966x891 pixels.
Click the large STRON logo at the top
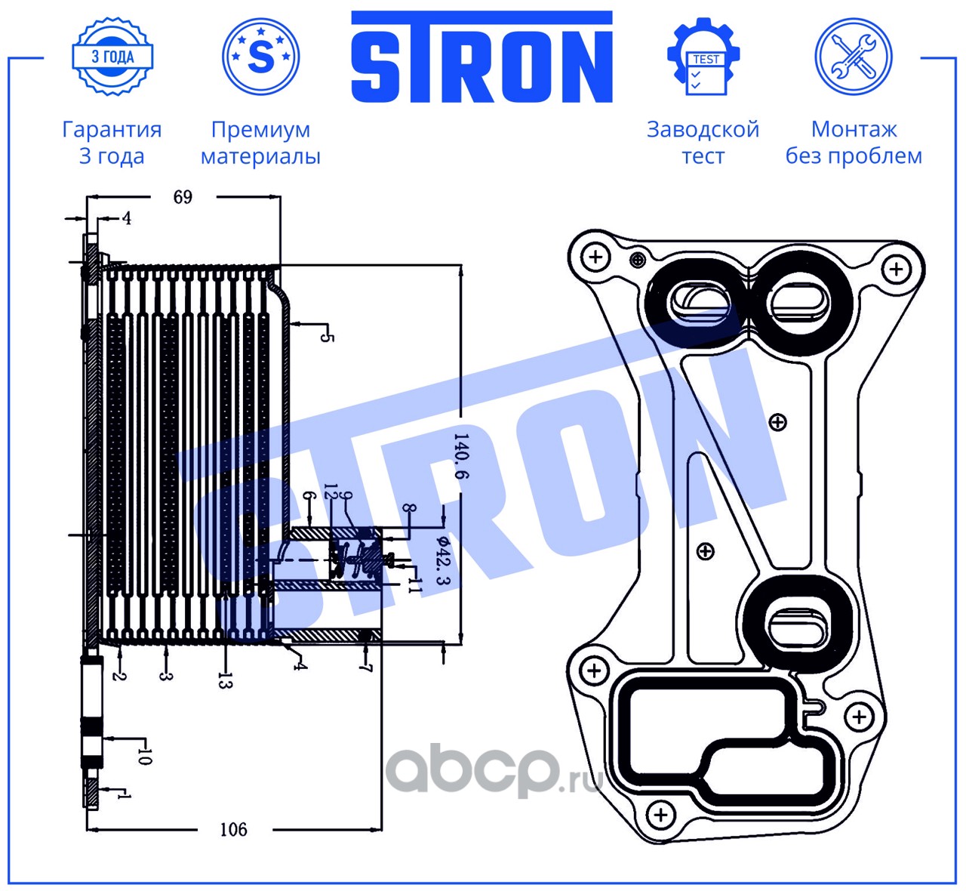click(x=481, y=57)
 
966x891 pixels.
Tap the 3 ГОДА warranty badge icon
click(x=112, y=57)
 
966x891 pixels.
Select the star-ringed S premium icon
click(x=260, y=57)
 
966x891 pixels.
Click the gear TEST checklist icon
click(x=703, y=57)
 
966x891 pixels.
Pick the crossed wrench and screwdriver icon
click(x=854, y=57)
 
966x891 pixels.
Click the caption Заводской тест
click(x=703, y=143)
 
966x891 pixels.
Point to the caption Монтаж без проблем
click(x=854, y=143)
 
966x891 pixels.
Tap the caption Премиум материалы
click(x=260, y=143)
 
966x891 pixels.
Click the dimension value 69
click(x=183, y=197)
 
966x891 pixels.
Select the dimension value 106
click(x=233, y=830)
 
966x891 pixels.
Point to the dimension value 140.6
click(x=460, y=456)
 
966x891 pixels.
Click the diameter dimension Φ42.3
click(x=443, y=560)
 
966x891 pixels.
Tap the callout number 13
click(x=225, y=680)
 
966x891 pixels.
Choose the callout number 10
click(x=144, y=756)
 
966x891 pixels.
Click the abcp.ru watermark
click(x=494, y=771)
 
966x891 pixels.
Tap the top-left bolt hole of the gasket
click(x=596, y=257)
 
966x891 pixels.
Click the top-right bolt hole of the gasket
click(x=897, y=269)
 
